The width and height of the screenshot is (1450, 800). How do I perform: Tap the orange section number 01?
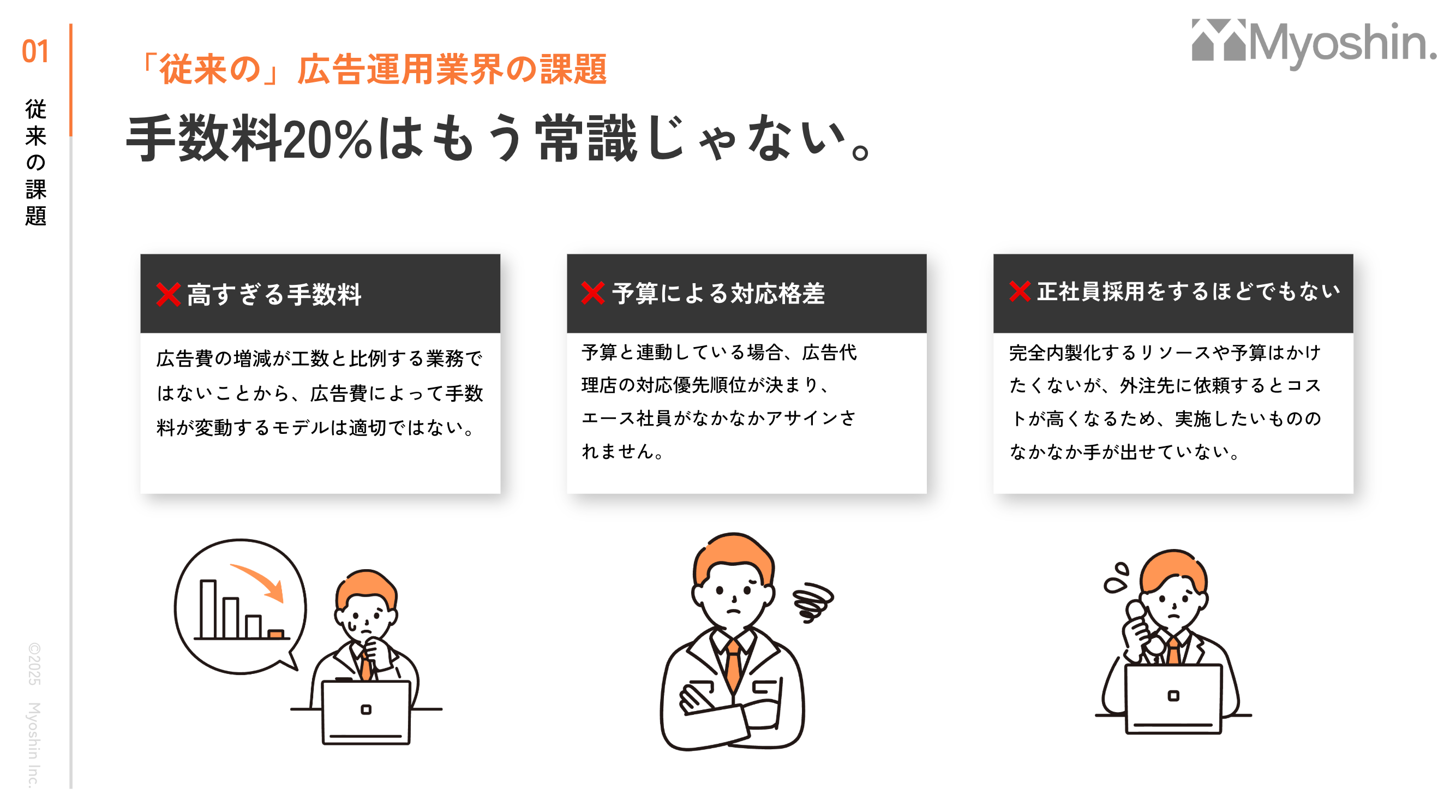(35, 51)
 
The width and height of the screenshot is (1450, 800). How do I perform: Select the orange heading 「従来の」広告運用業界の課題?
(372, 69)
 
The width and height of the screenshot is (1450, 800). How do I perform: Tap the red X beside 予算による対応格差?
(593, 292)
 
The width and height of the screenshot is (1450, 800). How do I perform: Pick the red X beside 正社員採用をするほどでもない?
(1020, 291)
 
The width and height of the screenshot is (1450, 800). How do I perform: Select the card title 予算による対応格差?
(718, 293)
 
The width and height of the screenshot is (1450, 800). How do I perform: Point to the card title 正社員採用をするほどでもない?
(1189, 291)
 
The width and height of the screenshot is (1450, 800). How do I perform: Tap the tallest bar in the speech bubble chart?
(208, 609)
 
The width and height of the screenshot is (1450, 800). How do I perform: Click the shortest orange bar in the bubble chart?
(276, 634)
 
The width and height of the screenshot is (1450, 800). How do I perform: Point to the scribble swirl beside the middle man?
(813, 602)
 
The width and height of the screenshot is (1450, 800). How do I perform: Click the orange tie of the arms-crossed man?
(733, 665)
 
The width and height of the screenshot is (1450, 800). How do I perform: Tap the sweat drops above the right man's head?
(1116, 577)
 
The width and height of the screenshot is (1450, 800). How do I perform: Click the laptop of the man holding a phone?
(1173, 698)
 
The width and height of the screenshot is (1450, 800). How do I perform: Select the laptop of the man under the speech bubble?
(366, 712)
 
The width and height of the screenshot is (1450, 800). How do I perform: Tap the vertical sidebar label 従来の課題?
(35, 162)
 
